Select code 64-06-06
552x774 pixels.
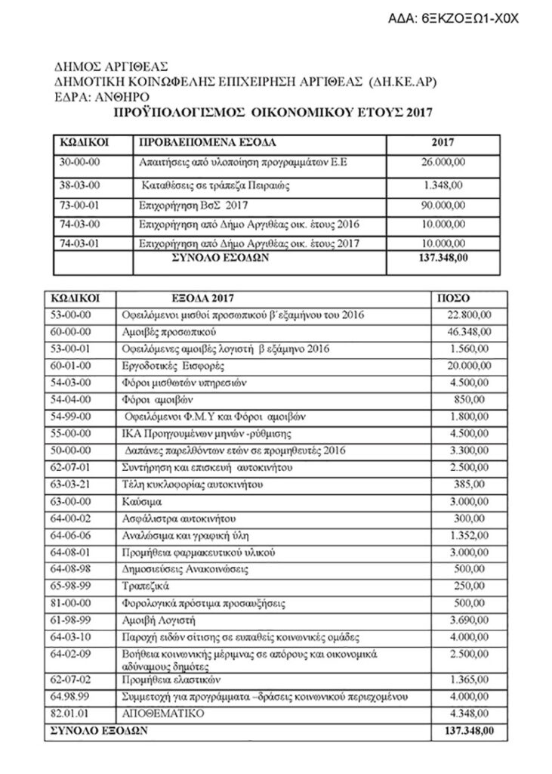[x=70, y=535]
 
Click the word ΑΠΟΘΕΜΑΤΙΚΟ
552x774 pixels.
[x=159, y=714]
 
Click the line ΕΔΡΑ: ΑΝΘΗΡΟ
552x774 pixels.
[x=101, y=97]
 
